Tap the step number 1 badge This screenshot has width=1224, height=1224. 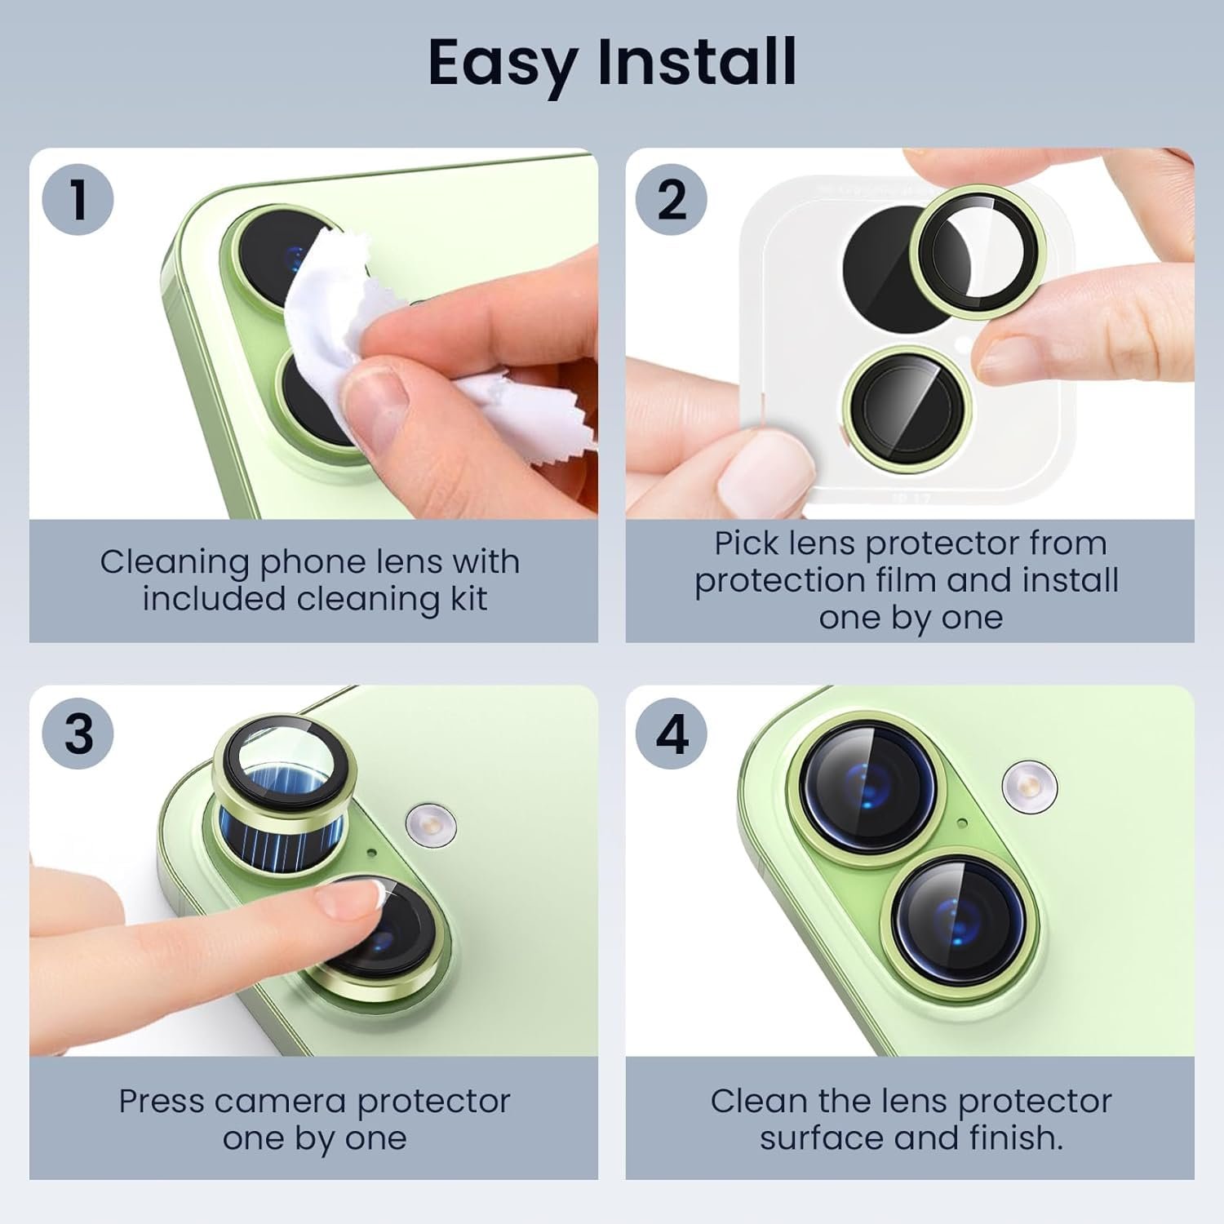tap(78, 199)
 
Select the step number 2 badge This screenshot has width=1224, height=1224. tap(672, 199)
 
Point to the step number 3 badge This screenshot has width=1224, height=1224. tap(78, 734)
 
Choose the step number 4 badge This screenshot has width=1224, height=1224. tap(672, 734)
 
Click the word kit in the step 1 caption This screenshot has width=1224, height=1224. tap(468, 599)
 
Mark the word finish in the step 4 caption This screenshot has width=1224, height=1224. tap(1016, 1138)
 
